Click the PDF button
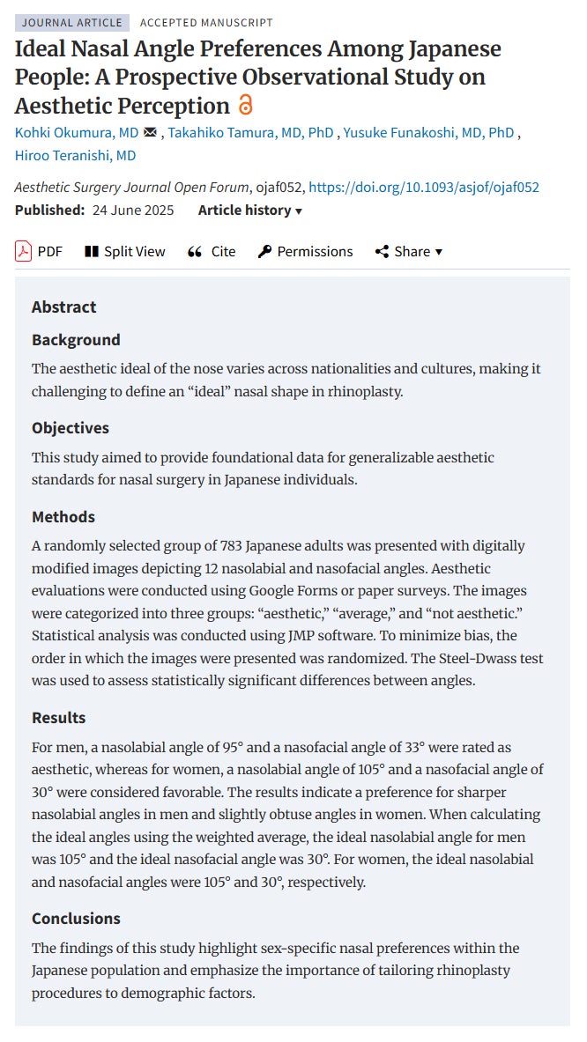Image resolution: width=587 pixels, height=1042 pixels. tap(39, 251)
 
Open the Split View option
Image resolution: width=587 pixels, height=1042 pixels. tap(124, 251)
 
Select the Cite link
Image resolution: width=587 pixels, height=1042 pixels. tap(212, 251)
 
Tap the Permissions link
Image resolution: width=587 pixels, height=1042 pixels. tap(305, 251)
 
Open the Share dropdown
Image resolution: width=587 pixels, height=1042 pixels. tap(409, 251)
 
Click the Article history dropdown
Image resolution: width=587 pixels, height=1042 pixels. tap(250, 210)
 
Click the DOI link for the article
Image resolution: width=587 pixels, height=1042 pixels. tap(423, 187)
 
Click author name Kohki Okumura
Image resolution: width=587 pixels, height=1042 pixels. tap(77, 132)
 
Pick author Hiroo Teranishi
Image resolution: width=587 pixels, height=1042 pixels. tap(75, 155)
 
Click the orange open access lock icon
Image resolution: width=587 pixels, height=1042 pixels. tap(246, 106)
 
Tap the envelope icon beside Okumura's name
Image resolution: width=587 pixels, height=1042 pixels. tap(150, 132)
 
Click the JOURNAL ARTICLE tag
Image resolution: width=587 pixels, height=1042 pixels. tap(72, 23)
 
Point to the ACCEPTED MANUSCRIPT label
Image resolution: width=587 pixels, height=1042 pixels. tap(206, 23)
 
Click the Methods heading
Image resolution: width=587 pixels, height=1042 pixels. tap(63, 516)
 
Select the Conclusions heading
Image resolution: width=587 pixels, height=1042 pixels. tap(76, 918)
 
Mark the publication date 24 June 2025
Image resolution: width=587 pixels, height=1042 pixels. tap(133, 210)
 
